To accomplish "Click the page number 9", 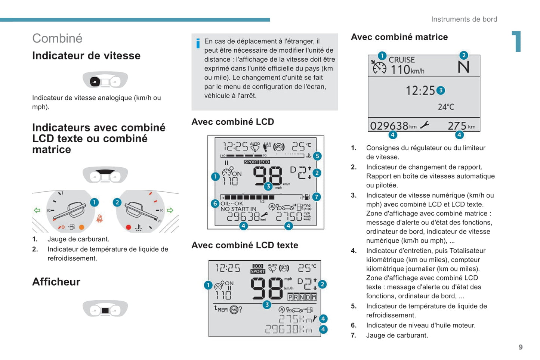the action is (x=521, y=347).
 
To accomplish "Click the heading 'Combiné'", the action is (x=58, y=38).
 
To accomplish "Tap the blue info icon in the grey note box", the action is (x=198, y=43).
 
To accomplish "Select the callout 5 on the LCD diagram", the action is (x=317, y=156).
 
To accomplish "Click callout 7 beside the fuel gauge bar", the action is (x=317, y=197).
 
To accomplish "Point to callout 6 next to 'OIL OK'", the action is (x=215, y=204).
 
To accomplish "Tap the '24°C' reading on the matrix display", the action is (x=446, y=107).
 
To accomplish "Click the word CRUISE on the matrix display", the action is (x=402, y=59).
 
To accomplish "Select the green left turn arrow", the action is (x=37, y=210).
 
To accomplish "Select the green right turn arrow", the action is (x=170, y=210).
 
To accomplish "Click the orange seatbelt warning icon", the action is (x=99, y=218).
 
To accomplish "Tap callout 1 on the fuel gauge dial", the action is (x=94, y=202).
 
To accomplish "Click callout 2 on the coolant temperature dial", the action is (x=117, y=202).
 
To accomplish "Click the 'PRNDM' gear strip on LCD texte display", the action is (x=302, y=297).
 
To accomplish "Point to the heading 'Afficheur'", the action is (x=56, y=282).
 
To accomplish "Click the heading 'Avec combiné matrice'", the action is (x=399, y=37).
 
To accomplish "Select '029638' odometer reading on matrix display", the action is (x=389, y=126).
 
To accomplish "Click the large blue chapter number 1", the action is (x=517, y=41).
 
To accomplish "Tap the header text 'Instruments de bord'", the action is (x=464, y=19).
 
